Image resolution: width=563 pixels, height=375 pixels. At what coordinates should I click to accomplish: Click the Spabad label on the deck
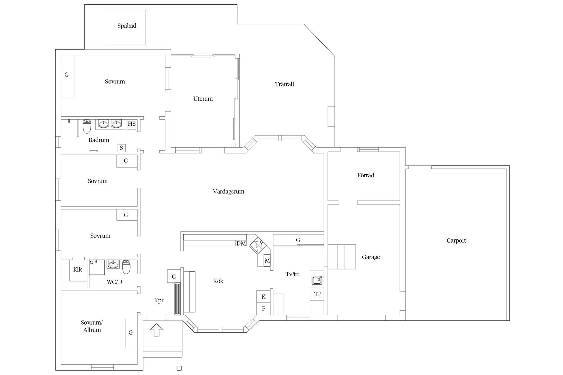point(127,26)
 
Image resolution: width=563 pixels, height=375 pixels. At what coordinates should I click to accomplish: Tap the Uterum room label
point(203,99)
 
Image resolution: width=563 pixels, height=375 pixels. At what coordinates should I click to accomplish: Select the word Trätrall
point(284,84)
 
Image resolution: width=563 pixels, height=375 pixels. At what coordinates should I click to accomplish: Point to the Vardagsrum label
point(228,192)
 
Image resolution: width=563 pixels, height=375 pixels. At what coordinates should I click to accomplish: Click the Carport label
point(456,241)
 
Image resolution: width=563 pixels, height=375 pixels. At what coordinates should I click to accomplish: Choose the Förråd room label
point(366,175)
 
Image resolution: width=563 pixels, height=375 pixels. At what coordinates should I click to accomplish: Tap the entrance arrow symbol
point(156,329)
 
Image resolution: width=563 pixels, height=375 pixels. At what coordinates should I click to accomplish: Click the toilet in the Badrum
point(87,126)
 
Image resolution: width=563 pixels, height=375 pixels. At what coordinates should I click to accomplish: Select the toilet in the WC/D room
point(126,267)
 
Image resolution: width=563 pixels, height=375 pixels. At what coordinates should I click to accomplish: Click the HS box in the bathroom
point(132,124)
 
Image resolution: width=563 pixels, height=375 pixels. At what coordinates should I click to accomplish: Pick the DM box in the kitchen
point(241,243)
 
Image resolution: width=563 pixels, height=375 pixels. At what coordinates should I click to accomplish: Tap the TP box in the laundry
point(318,294)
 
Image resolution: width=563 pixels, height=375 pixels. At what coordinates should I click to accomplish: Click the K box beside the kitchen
point(264,297)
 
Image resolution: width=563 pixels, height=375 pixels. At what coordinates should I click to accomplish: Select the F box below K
point(264,309)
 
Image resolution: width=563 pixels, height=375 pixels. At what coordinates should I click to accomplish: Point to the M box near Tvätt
point(267,260)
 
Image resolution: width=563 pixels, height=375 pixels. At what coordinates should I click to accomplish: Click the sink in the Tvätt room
point(317,280)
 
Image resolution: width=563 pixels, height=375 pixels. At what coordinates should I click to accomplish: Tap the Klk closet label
point(78,270)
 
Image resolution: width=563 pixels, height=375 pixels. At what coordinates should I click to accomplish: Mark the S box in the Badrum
point(121,148)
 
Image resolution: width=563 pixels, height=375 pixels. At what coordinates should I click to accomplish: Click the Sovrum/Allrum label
point(92,326)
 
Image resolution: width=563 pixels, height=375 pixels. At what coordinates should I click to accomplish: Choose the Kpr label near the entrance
point(159,300)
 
